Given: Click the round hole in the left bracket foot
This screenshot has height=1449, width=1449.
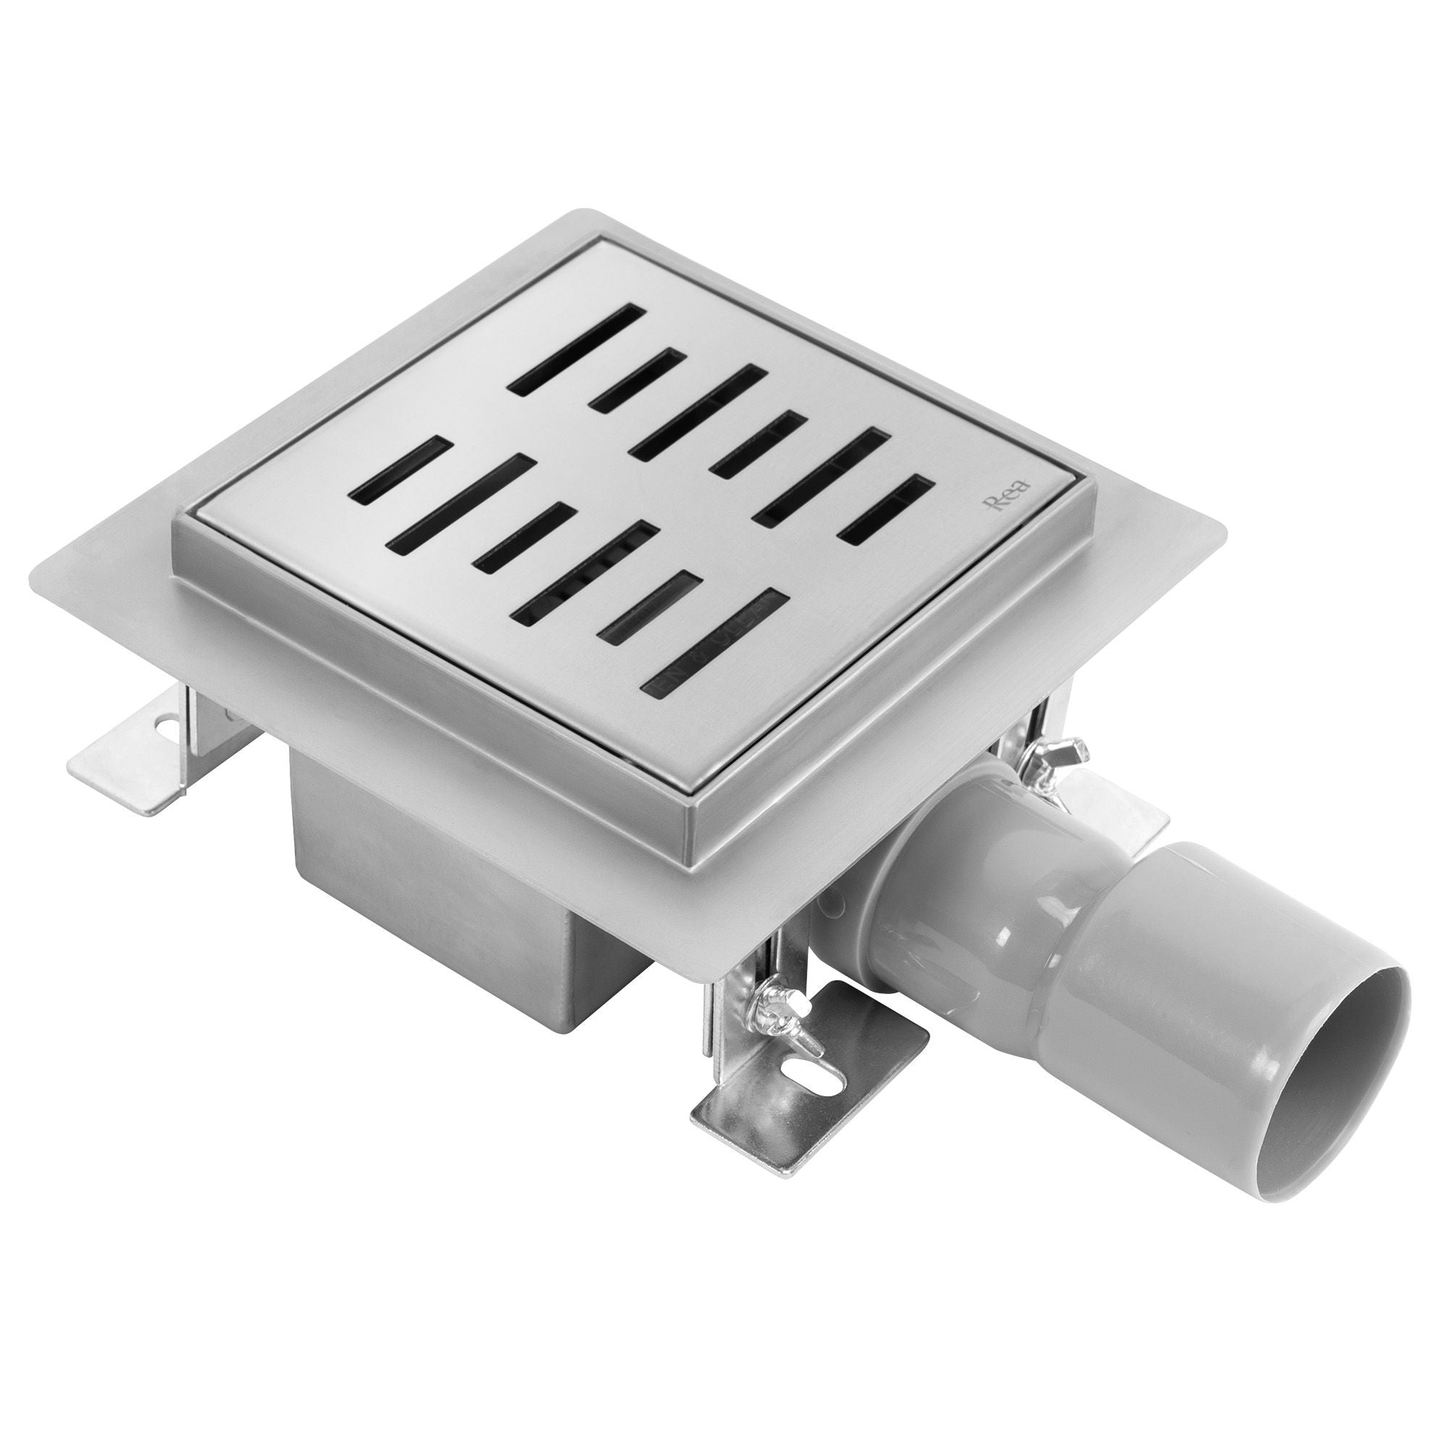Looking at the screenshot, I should pos(164,726).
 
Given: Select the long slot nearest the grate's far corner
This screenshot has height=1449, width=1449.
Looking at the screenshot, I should pos(576,348).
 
